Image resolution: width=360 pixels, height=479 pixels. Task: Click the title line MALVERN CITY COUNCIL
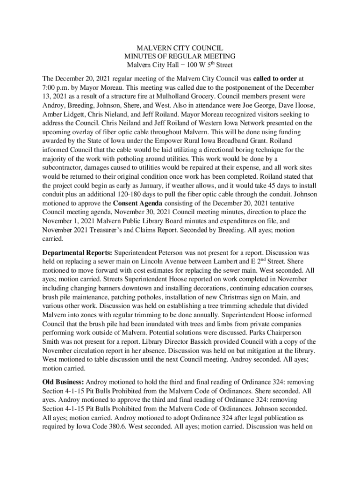click(x=180, y=48)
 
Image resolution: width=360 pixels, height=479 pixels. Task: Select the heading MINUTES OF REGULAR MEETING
click(x=180, y=56)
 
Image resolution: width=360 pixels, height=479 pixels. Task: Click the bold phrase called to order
click(x=275, y=78)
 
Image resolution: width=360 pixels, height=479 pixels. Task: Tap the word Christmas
click(x=234, y=297)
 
